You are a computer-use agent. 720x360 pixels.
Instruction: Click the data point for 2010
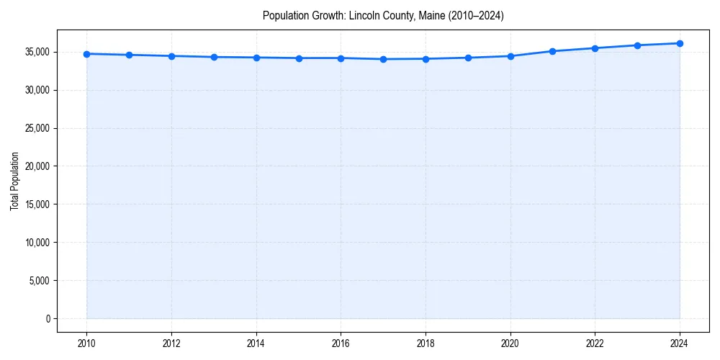(86, 54)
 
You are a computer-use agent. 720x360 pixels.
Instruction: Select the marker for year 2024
(680, 43)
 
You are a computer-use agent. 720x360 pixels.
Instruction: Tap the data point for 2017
(383, 59)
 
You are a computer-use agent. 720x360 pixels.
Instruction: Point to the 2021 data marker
(552, 51)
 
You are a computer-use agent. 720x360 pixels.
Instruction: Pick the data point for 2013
(214, 57)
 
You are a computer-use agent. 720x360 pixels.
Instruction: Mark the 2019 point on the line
(468, 58)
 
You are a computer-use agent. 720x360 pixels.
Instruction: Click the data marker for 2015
(298, 58)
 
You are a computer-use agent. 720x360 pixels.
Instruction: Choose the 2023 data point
(637, 45)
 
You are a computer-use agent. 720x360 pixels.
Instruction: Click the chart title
(383, 15)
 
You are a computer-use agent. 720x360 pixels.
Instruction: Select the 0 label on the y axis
(48, 318)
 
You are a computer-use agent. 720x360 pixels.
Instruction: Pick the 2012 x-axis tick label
(171, 343)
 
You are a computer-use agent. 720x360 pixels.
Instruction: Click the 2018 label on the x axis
(426, 343)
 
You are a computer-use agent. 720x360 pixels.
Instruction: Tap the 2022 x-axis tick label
(595, 343)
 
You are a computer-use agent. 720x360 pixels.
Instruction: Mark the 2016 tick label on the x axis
(341, 343)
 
